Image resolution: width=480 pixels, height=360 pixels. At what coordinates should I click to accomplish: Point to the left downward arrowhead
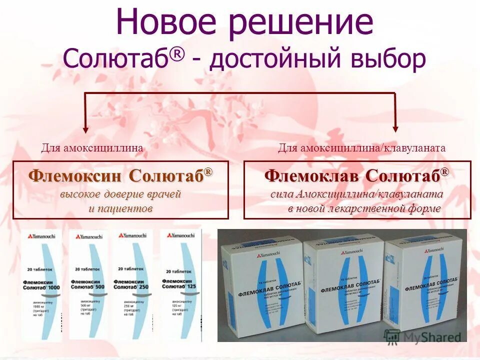tap(85, 128)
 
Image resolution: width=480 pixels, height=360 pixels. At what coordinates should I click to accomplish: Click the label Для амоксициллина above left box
tap(92, 148)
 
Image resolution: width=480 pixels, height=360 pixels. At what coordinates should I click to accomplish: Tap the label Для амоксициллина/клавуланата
tap(361, 148)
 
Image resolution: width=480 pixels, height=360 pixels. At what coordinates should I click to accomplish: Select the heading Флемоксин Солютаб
tap(120, 176)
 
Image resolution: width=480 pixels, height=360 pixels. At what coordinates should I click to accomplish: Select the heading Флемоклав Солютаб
tap(356, 176)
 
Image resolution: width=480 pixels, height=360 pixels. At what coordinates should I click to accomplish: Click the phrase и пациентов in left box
tap(120, 208)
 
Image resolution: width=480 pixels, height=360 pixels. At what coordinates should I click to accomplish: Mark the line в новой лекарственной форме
tap(364, 208)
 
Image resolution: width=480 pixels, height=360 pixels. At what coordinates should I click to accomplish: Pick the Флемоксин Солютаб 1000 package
tap(41, 285)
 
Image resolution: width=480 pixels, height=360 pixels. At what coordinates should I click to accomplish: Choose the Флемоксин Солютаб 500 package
tap(88, 285)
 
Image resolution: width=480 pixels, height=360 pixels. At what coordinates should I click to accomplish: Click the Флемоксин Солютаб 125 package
tap(180, 285)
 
